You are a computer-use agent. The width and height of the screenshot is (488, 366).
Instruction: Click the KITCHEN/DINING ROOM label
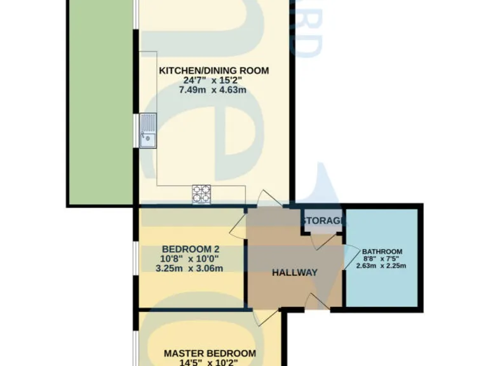(x=213, y=71)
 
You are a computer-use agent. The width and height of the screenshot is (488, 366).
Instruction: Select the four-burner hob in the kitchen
(x=201, y=194)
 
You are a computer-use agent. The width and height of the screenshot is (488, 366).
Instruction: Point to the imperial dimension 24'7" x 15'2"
(x=213, y=81)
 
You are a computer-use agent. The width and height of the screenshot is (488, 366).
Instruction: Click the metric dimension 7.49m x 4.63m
(x=213, y=90)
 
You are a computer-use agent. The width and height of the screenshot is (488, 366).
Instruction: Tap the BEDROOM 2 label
(x=191, y=248)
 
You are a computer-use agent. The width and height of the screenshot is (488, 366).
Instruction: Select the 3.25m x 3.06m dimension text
(x=191, y=268)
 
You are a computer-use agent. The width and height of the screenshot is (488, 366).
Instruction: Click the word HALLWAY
(x=294, y=273)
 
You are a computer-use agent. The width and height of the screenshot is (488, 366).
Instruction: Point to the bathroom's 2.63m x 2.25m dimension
(x=382, y=266)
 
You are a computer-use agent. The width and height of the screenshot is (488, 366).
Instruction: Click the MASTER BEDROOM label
(x=210, y=353)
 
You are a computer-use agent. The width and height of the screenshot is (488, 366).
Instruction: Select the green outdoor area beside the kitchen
(x=100, y=102)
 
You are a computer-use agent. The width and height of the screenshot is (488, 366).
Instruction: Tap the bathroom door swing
(x=349, y=257)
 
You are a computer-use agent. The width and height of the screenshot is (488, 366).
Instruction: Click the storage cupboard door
(x=324, y=241)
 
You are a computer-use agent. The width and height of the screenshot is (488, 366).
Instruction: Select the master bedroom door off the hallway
(x=262, y=315)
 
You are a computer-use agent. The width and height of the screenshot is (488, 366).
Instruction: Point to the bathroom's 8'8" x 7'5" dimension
(x=382, y=259)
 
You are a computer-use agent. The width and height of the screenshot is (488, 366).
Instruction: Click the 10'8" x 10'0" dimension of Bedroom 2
(x=191, y=258)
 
